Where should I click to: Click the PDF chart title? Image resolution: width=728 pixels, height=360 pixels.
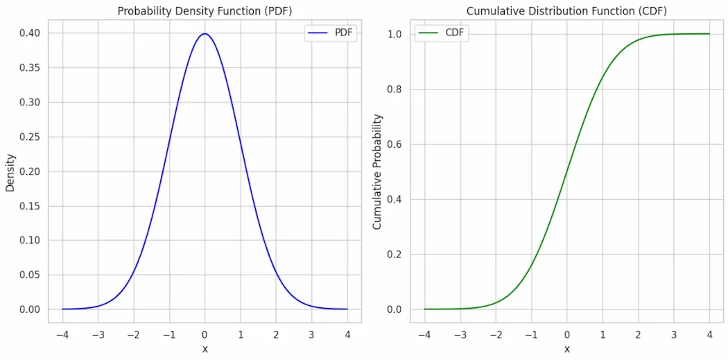(205, 11)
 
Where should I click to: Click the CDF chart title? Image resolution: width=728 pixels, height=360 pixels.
(566, 11)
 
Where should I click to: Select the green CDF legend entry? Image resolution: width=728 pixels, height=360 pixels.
(442, 33)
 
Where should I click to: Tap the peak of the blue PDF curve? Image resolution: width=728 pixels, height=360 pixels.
(205, 34)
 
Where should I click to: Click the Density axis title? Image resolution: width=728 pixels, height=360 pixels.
(10, 172)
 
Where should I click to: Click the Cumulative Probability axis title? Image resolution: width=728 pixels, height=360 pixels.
(377, 172)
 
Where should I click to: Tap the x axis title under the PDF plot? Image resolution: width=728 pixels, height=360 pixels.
(205, 349)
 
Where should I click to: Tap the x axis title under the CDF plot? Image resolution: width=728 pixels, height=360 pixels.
(566, 349)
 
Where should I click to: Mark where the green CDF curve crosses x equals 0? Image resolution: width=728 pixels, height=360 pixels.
(566, 171)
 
